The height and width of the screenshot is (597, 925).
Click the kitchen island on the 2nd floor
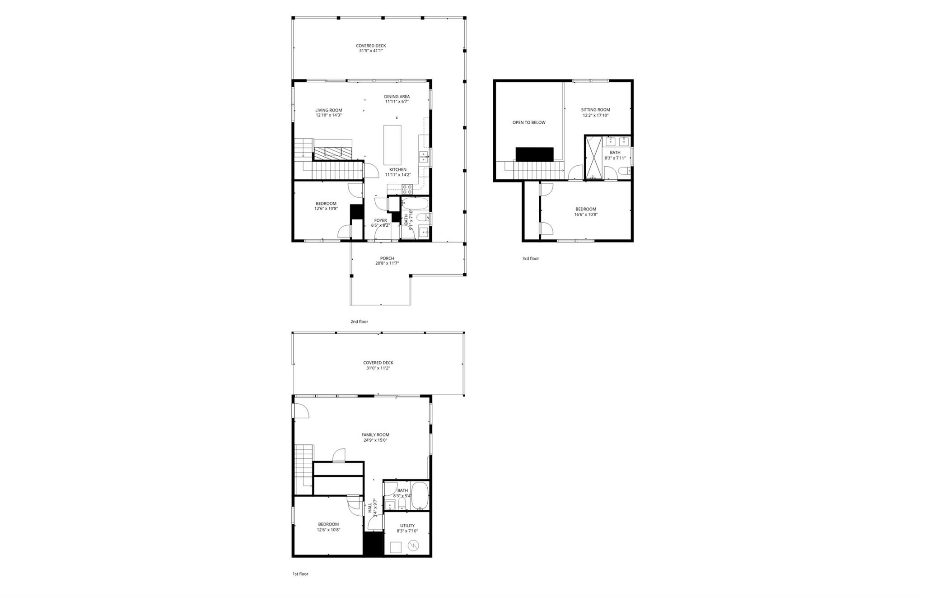(392, 145)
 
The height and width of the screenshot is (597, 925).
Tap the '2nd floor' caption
(359, 322)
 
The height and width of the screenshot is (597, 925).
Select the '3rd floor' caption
(530, 259)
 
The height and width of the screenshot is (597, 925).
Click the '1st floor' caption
(300, 574)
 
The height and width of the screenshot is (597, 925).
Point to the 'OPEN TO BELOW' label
(528, 122)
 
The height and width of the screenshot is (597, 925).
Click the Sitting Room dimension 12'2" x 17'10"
(595, 115)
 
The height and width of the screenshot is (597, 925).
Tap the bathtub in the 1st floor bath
(420, 495)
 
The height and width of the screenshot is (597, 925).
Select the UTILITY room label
(407, 526)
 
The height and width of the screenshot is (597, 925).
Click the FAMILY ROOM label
(375, 435)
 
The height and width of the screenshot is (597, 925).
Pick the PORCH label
(387, 258)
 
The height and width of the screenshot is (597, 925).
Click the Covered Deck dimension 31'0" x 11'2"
(378, 368)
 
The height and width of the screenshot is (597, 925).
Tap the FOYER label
(380, 220)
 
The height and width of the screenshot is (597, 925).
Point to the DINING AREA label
(397, 97)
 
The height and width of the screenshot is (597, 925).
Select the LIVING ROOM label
(328, 110)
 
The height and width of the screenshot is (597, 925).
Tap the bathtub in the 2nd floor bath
(414, 204)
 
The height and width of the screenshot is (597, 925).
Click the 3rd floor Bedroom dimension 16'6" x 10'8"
(585, 215)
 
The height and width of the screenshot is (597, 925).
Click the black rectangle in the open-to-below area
(534, 154)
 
